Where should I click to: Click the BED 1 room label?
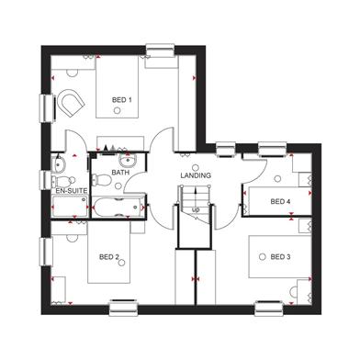(122, 100)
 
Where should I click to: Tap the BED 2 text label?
(109, 257)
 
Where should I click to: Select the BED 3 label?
(280, 257)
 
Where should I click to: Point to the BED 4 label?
(280, 201)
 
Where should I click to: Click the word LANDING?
(196, 175)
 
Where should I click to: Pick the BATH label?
(120, 173)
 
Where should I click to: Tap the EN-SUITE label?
(72, 191)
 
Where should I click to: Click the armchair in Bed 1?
(71, 103)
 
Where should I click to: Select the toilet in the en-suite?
(63, 181)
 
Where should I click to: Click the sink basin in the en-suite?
(59, 164)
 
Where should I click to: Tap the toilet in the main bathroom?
(101, 180)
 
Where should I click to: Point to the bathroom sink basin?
(127, 160)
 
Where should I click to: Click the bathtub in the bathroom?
(118, 208)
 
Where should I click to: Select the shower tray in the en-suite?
(71, 207)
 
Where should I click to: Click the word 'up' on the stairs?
(196, 210)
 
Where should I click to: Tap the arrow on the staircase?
(196, 197)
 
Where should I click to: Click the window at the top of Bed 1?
(160, 51)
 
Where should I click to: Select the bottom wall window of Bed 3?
(269, 309)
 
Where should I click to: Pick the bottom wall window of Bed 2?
(123, 309)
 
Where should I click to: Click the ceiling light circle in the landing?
(196, 168)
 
